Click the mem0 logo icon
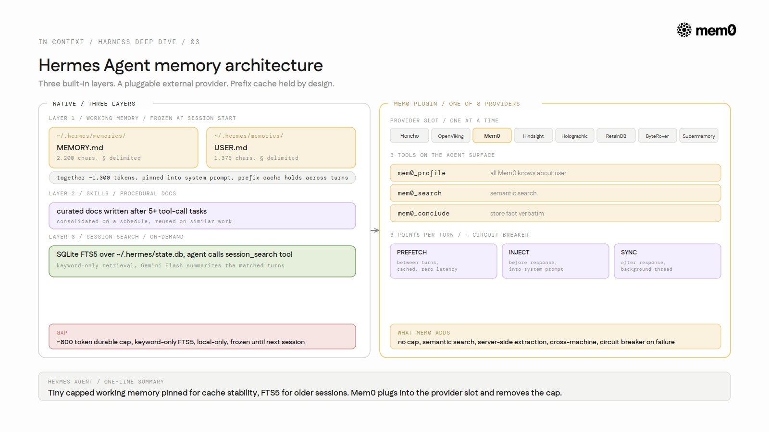(x=684, y=30)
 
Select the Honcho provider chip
(x=409, y=136)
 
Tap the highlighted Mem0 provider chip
(x=492, y=136)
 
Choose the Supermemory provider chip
(x=699, y=136)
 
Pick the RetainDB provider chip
(x=616, y=136)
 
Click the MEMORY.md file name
(x=80, y=147)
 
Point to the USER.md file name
(x=231, y=147)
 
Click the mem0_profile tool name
(x=422, y=173)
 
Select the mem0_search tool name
(x=420, y=193)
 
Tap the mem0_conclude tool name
(x=423, y=213)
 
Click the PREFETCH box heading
(x=411, y=252)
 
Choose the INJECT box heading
(x=519, y=252)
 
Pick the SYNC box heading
(x=629, y=252)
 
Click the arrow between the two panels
(x=375, y=230)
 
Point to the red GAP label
(x=62, y=333)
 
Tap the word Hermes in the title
(x=69, y=65)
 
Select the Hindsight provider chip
(x=533, y=136)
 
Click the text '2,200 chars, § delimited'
(x=99, y=158)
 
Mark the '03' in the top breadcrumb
(x=195, y=42)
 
